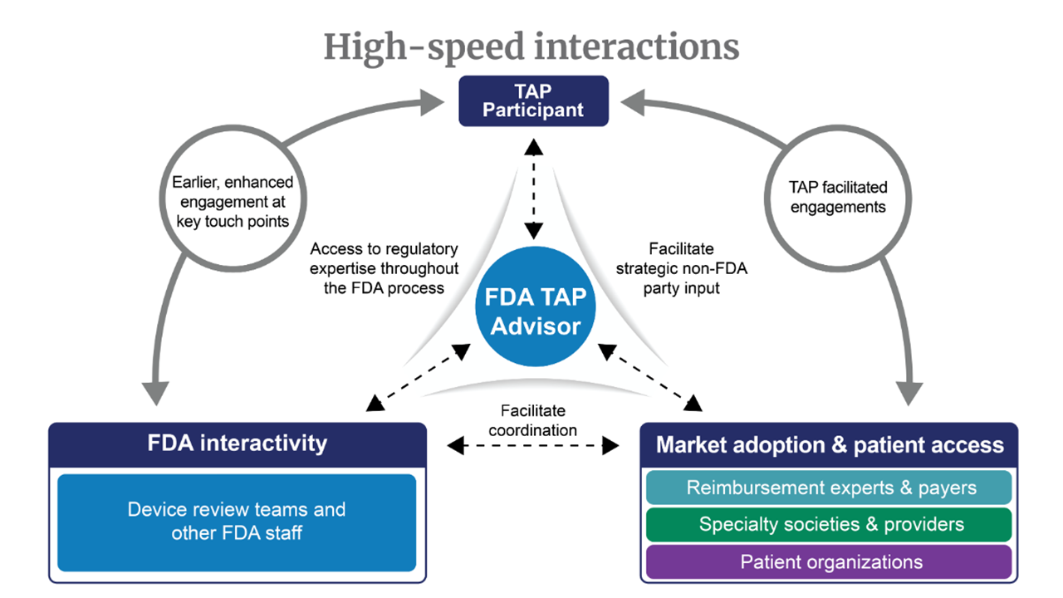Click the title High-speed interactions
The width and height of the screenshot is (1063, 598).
(x=531, y=47)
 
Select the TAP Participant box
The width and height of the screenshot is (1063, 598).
(x=534, y=100)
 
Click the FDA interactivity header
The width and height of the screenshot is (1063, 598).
(x=238, y=443)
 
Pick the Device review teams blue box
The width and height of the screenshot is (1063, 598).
(x=237, y=522)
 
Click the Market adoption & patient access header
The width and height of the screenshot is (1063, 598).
(x=829, y=444)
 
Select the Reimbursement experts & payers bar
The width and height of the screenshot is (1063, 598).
(x=829, y=488)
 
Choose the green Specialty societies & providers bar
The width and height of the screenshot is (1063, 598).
(x=829, y=524)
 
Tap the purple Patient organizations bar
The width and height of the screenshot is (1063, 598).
(x=829, y=561)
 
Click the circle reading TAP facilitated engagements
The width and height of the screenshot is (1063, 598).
(x=838, y=198)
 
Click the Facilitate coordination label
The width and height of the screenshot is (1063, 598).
(x=533, y=420)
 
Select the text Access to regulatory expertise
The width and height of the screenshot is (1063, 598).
(x=384, y=267)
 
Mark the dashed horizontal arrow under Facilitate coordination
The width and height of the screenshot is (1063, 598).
(x=533, y=447)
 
